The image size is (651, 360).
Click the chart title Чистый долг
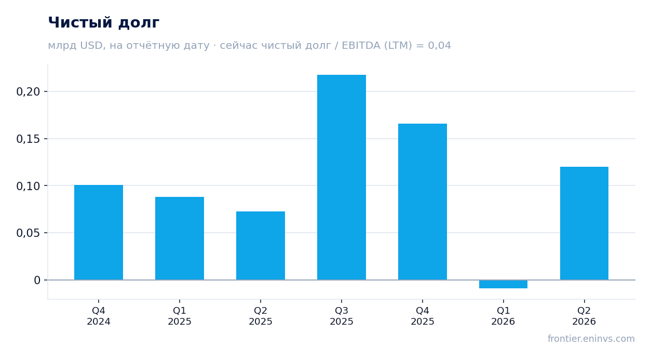pyautogui.click(x=103, y=23)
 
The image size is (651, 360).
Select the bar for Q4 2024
pyautogui.click(x=99, y=232)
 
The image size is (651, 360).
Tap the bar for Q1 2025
pyautogui.click(x=180, y=238)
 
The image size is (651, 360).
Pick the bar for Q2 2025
pyautogui.click(x=261, y=246)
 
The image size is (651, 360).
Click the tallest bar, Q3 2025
pyautogui.click(x=342, y=177)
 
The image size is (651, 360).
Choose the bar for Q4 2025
pyautogui.click(x=423, y=202)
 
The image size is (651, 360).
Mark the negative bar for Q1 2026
pyautogui.click(x=504, y=284)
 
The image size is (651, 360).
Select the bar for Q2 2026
pyautogui.click(x=584, y=223)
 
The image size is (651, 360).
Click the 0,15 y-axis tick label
pyautogui.click(x=28, y=139)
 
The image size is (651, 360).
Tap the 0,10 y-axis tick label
pyautogui.click(x=28, y=186)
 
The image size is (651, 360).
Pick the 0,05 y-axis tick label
pyautogui.click(x=28, y=233)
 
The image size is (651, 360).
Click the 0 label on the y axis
pyautogui.click(x=37, y=281)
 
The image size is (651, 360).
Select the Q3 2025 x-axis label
pyautogui.click(x=342, y=316)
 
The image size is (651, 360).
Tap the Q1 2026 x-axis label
pyautogui.click(x=503, y=316)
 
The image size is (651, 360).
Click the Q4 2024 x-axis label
pyautogui.click(x=99, y=316)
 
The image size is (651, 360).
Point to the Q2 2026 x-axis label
pyautogui.click(x=584, y=316)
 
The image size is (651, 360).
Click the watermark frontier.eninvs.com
pyautogui.click(x=591, y=339)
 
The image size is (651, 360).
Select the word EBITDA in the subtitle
pyautogui.click(x=361, y=46)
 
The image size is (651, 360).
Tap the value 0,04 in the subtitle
pyautogui.click(x=439, y=46)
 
